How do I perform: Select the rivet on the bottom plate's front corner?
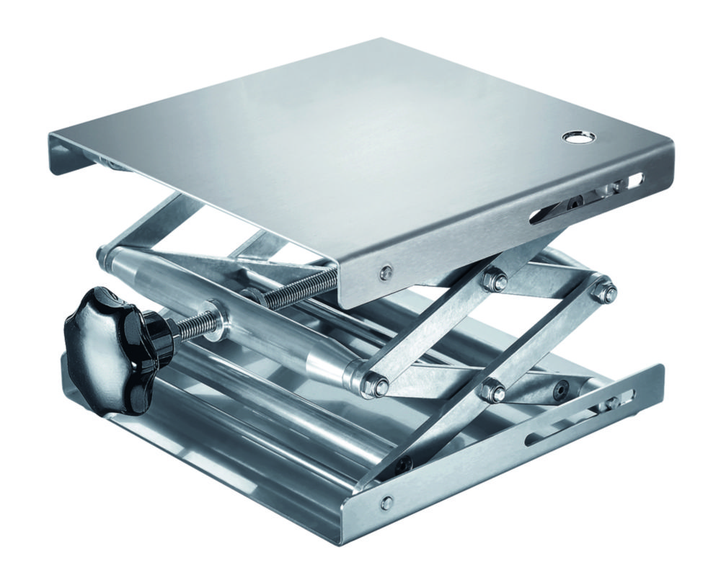click(x=388, y=501)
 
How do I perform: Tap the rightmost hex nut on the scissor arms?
click(x=604, y=292)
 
